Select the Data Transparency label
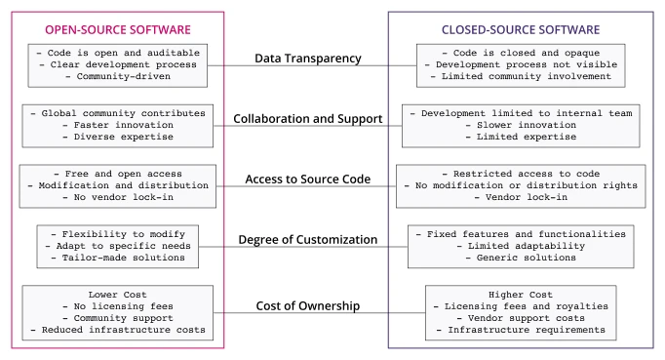pos(308,59)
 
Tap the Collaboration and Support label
pos(308,119)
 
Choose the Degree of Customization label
pos(308,239)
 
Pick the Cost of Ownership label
pos(308,307)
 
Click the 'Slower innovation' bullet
pos(521,127)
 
